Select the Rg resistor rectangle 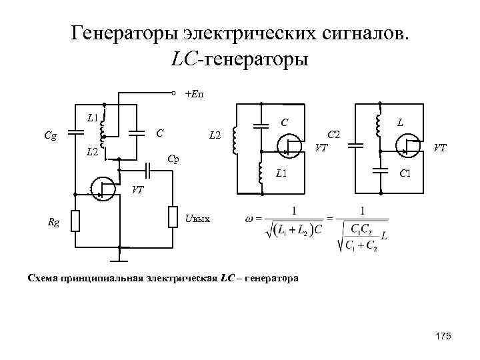point(75,220)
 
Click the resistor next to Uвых point(173,216)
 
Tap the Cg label point(50,136)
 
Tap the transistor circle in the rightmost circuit point(407,147)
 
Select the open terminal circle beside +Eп point(173,93)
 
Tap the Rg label point(53,223)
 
